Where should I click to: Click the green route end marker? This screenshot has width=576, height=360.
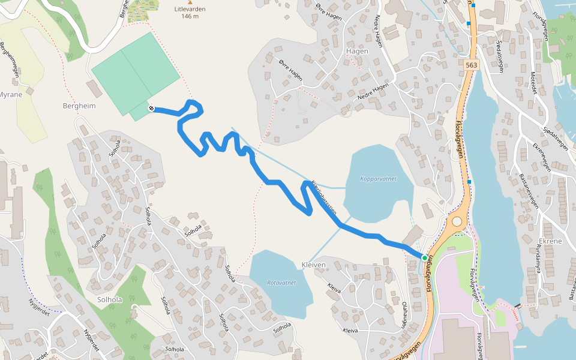425,258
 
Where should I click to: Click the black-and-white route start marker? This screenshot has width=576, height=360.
151,108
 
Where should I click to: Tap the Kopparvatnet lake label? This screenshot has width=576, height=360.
379,179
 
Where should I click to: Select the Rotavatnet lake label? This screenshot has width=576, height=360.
281,282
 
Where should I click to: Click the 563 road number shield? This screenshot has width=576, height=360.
471,64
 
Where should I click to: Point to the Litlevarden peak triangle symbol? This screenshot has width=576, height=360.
190,3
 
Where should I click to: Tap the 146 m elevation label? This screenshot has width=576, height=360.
190,16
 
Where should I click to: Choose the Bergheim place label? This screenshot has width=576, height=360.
79,106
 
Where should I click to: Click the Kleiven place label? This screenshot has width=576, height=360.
313,265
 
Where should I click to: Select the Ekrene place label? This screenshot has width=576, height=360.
550,241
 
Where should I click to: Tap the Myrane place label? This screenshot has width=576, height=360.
10,95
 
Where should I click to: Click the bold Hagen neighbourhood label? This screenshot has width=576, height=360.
357,52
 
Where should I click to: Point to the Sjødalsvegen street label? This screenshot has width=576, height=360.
499,57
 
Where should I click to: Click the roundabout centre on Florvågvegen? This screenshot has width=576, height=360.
457,221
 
